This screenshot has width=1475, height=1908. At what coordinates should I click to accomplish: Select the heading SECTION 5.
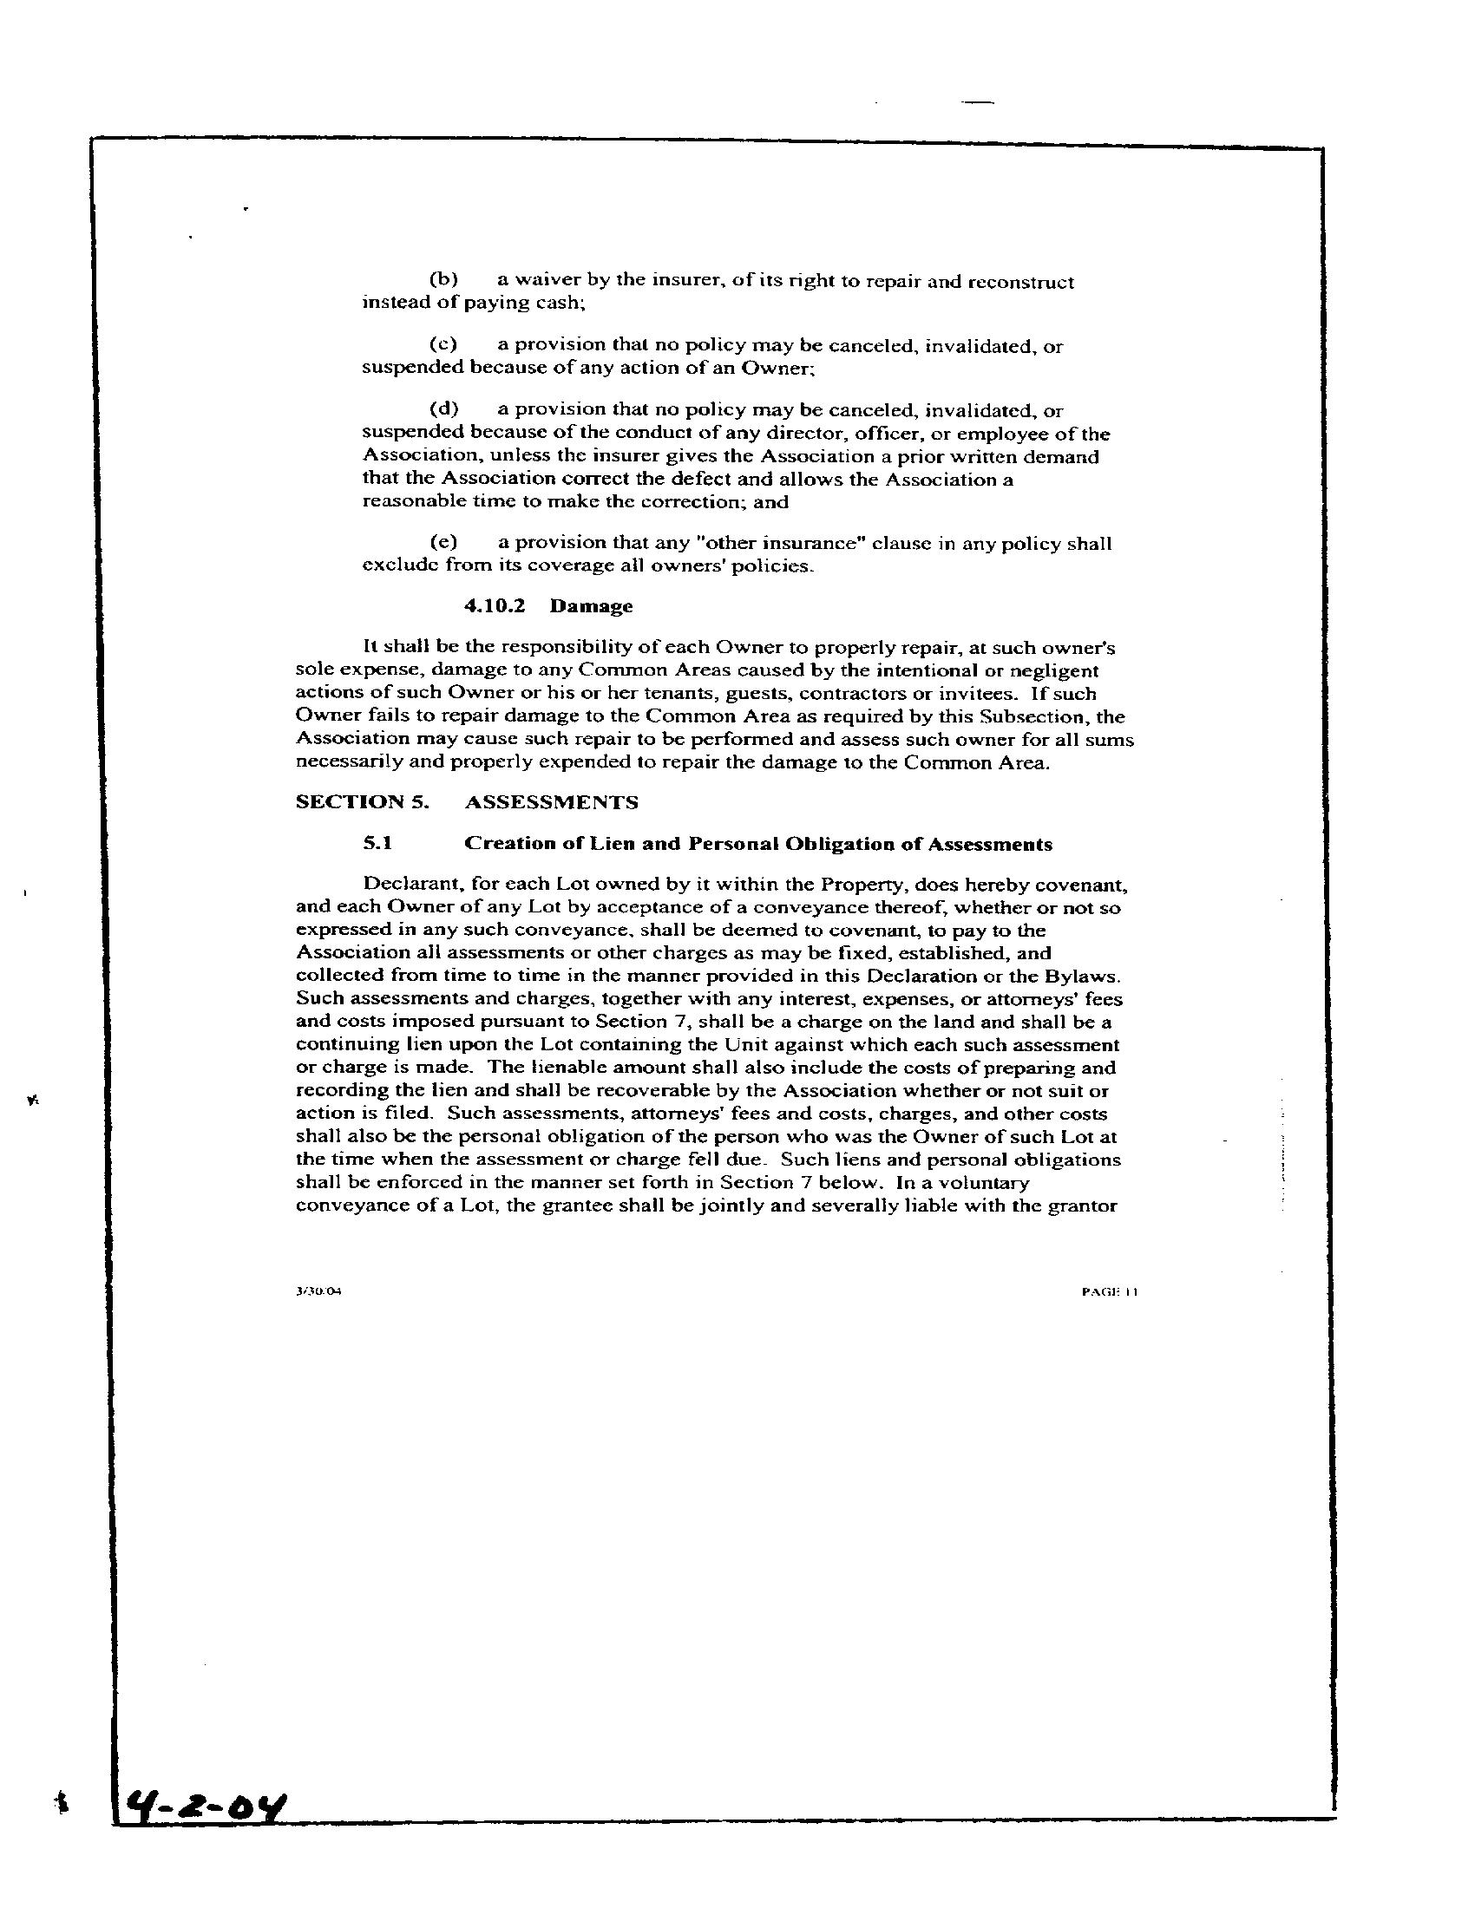(363, 802)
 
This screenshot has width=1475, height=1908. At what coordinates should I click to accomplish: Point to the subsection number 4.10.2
(495, 606)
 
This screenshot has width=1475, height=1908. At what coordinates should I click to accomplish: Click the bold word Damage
(591, 606)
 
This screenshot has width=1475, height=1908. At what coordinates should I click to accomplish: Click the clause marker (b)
(444, 280)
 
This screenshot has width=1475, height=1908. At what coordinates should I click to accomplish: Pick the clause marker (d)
(444, 408)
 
